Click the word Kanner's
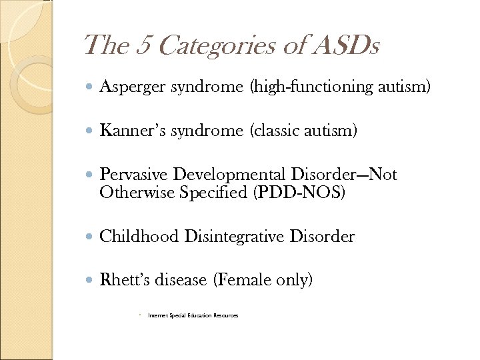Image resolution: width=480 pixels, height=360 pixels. coord(133,131)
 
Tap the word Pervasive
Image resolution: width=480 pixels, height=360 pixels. coord(134,175)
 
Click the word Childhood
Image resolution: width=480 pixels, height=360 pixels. coord(139,237)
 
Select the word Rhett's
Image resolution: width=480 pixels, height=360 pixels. coord(124,281)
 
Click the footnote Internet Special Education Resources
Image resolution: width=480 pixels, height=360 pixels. coord(193,315)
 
